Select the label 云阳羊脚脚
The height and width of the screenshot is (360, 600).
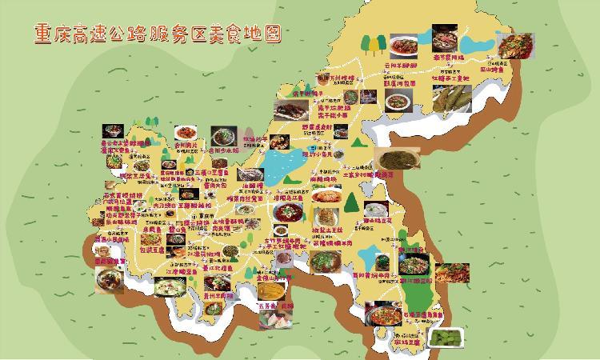pyautogui.click(x=400, y=65)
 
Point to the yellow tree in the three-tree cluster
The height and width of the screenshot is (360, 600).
pyautogui.click(x=357, y=147)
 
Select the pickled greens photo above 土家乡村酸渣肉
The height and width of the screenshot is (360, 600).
pyautogui.click(x=394, y=158)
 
